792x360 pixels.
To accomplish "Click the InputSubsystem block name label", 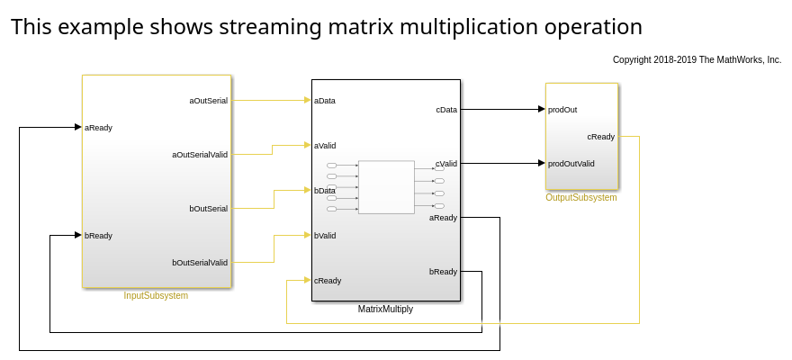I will (x=156, y=295).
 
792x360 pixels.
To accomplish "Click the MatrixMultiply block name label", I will (x=385, y=309).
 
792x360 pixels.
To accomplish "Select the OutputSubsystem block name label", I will (x=581, y=197).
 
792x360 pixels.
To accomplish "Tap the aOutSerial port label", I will (x=208, y=100).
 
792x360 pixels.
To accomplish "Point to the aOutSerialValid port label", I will (x=200, y=154).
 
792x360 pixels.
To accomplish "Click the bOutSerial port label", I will (x=208, y=208).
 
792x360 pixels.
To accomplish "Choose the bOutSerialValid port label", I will (x=200, y=262).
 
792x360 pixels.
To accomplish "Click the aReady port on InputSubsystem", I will (x=98, y=127).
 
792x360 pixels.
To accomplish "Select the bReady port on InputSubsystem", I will (x=98, y=235).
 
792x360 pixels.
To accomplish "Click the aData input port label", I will (x=325, y=100).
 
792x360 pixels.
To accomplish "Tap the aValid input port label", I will (x=325, y=145).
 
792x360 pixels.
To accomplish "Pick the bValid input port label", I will (x=325, y=235).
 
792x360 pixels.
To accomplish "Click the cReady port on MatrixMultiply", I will (x=328, y=280).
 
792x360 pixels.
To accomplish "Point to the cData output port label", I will (x=446, y=109).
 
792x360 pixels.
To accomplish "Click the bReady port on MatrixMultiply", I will (x=443, y=271).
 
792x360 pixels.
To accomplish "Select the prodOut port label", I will (x=562, y=109).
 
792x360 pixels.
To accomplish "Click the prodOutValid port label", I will (x=571, y=163).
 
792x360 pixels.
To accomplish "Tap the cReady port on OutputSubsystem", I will (x=601, y=136).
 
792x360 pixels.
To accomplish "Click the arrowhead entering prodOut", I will (x=542, y=109).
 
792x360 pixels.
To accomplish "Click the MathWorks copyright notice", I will (x=697, y=59).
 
